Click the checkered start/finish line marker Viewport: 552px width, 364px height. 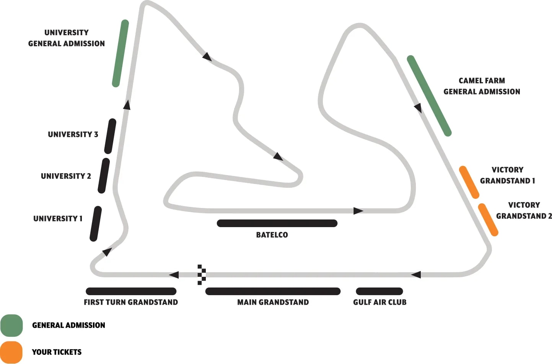click(x=202, y=275)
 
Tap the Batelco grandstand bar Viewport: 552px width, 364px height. click(x=277, y=223)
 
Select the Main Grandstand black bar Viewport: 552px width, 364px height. click(x=273, y=291)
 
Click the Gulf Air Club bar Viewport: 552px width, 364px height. click(x=379, y=291)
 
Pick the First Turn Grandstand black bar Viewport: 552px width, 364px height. click(x=131, y=291)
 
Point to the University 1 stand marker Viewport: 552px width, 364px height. click(x=96, y=224)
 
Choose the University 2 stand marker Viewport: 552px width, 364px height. click(x=104, y=175)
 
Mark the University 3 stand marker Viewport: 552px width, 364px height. click(x=110, y=136)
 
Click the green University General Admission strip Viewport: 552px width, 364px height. click(x=120, y=53)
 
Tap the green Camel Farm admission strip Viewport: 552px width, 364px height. click(x=429, y=96)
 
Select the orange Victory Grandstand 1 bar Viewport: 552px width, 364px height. click(x=469, y=182)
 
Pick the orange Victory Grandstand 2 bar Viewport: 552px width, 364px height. click(x=488, y=219)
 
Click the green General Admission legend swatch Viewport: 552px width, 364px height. click(x=11, y=325)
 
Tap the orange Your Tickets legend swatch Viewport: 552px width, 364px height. click(x=11, y=352)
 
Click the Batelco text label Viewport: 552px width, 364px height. click(x=272, y=235)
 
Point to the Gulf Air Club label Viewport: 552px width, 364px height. click(x=379, y=302)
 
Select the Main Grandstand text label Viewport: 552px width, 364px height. click(x=273, y=302)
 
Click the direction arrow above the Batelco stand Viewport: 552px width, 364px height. click(x=358, y=211)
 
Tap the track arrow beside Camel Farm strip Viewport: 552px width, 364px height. click(x=418, y=108)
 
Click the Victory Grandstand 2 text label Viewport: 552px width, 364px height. click(x=524, y=210)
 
